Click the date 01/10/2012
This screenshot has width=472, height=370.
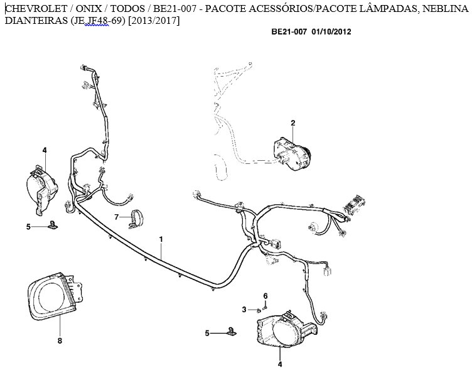coord(331,31)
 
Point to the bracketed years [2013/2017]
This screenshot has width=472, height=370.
coord(154,21)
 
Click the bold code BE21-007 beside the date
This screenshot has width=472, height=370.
coord(289,31)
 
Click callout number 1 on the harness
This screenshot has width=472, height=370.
coord(161,239)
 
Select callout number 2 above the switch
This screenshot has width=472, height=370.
coord(293,122)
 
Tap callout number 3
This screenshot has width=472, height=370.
coord(244,310)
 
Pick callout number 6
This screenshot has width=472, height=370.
coord(265,296)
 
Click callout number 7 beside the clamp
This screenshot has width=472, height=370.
coord(117,217)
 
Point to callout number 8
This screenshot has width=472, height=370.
coord(60,340)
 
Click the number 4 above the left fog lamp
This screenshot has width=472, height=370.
coord(45,150)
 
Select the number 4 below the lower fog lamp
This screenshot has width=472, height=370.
coord(280,364)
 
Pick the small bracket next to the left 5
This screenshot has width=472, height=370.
coord(53,225)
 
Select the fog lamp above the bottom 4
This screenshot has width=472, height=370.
coord(286,330)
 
